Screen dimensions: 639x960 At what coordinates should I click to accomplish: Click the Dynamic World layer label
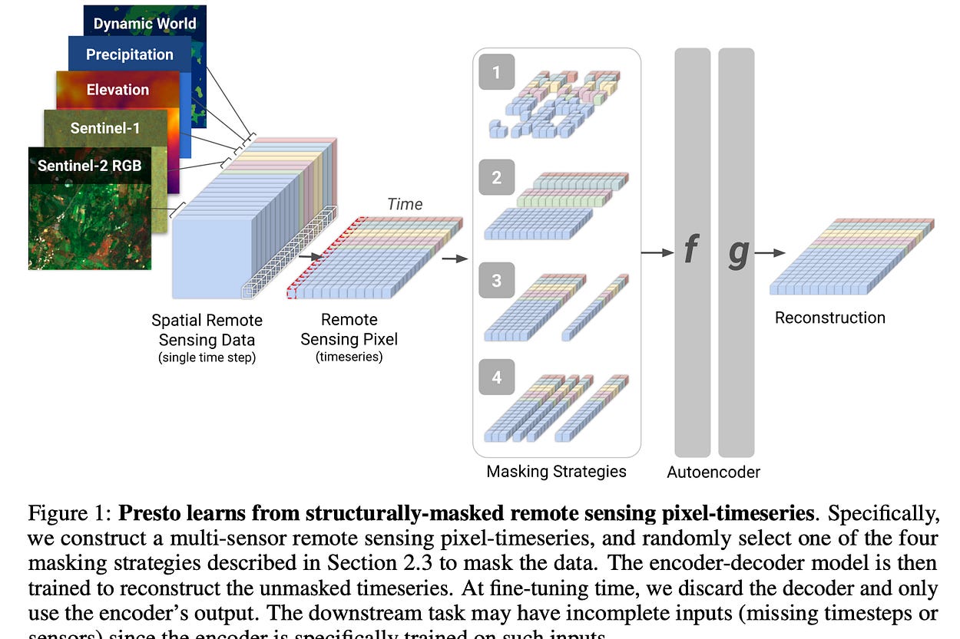tap(144, 23)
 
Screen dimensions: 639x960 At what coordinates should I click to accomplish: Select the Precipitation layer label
tap(129, 54)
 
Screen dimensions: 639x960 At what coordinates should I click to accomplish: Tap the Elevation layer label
tap(118, 90)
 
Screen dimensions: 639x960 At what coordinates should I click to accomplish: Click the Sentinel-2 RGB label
tap(90, 166)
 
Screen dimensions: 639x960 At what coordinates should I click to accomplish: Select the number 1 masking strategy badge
tap(496, 73)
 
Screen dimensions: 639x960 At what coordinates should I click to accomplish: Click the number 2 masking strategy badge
tap(496, 177)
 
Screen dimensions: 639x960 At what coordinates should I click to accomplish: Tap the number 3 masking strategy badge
tap(496, 280)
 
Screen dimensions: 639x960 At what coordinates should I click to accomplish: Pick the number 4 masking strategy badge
tap(496, 377)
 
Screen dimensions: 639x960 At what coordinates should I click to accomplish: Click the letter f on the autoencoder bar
tap(691, 251)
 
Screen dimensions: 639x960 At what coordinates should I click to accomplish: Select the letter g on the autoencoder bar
tap(737, 253)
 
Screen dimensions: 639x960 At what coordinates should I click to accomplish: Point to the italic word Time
tap(405, 204)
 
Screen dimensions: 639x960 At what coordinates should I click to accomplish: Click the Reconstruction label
tap(829, 318)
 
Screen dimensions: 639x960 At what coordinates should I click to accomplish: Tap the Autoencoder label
tap(713, 472)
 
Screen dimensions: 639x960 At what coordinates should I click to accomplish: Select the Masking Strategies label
tap(556, 471)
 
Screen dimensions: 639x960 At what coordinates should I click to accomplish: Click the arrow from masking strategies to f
tap(657, 252)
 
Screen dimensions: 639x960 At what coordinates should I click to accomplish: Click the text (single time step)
tap(207, 357)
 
